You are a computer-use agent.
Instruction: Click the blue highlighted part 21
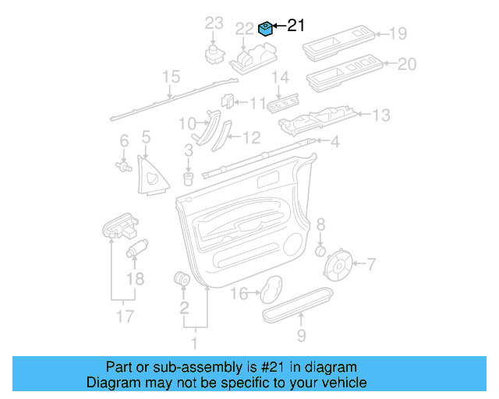pos(265,30)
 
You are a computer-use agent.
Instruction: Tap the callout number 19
pos(398,34)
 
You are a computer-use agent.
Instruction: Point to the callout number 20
pos(407,65)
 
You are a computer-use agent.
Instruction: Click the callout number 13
pos(380,115)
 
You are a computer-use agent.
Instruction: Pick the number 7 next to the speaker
pos(371,264)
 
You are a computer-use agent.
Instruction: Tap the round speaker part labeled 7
pos(340,265)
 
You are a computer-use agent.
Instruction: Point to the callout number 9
pos(301,336)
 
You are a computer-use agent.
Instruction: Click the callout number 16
pos(239,294)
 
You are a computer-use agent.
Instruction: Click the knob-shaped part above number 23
pos(213,53)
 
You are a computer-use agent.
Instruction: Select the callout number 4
pos(335,143)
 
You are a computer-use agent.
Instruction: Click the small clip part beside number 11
pos(228,101)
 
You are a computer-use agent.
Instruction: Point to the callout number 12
pos(251,138)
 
